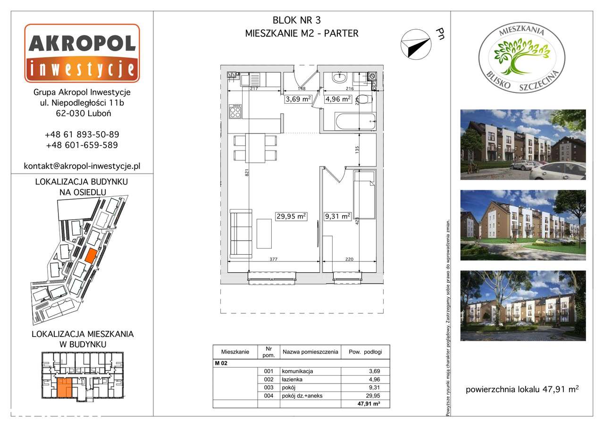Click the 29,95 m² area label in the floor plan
291,216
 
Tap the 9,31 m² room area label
337,216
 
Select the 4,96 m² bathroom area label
338,99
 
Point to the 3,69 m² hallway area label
298,99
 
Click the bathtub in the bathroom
355,121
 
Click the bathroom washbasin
339,78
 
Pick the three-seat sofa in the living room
241,234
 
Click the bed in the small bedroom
364,194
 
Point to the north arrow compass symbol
416,44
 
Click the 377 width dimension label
273,260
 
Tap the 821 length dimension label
247,173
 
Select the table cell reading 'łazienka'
292,379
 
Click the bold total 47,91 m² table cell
369,403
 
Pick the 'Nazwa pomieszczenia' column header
310,352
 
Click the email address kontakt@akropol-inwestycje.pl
82,166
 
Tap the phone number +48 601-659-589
82,145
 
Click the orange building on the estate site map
91,255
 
